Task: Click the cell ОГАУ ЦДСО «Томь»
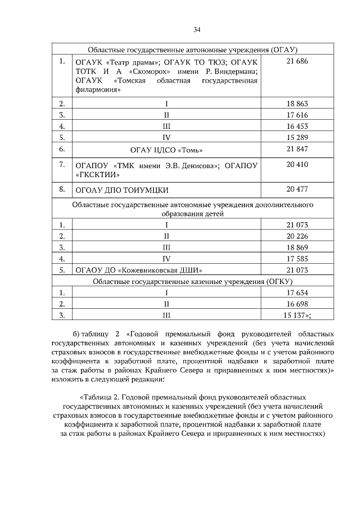(166, 150)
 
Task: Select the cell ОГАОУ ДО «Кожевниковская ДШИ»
(138, 270)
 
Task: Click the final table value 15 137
(296, 315)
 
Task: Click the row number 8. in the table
(62, 188)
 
